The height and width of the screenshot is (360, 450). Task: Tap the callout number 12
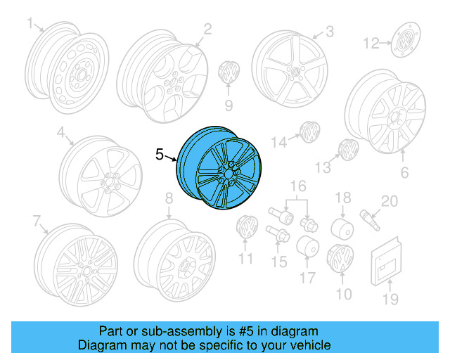pos(371,44)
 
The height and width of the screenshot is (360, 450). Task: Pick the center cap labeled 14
pos(308,131)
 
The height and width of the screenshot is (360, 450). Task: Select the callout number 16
pos(300,186)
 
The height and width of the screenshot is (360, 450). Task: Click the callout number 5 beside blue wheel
pos(160,154)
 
